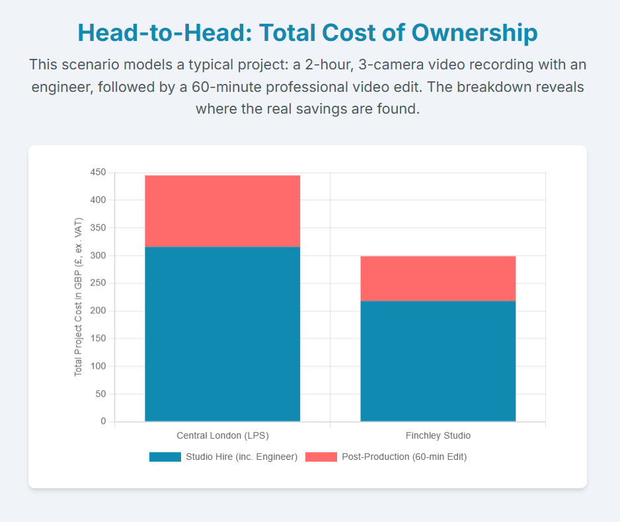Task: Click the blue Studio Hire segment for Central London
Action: pos(222,334)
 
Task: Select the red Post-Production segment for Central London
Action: pos(222,211)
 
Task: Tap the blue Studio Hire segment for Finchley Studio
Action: pos(438,361)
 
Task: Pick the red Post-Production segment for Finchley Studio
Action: pos(438,279)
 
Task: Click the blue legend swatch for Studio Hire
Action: pos(165,457)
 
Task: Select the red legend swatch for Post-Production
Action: pos(321,457)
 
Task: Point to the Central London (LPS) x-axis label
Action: pos(223,435)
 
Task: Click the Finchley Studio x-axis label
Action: pos(438,435)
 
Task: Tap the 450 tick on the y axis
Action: pos(98,172)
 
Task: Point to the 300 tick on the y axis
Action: pos(98,255)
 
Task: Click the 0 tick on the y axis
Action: pos(103,422)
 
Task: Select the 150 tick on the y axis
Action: pos(98,338)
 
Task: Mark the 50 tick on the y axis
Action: pos(100,394)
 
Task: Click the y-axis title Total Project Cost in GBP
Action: pos(78,297)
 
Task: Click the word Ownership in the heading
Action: pos(475,33)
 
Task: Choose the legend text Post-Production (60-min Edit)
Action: pos(404,457)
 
